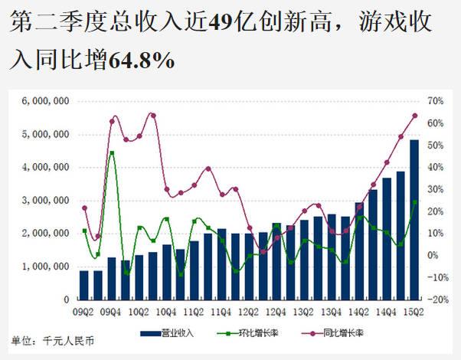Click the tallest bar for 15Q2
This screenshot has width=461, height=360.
tap(414, 219)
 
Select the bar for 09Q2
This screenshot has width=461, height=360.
tap(84, 284)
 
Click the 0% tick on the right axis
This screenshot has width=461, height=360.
tap(432, 255)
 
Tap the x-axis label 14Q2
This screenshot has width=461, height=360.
tap(358, 312)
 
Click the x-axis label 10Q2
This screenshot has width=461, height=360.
tap(139, 312)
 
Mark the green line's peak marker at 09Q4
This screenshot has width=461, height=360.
tap(112, 153)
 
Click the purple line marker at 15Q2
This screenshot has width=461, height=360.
tap(414, 116)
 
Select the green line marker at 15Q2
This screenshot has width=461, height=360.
tap(414, 202)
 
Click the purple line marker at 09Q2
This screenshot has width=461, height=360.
tap(84, 208)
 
